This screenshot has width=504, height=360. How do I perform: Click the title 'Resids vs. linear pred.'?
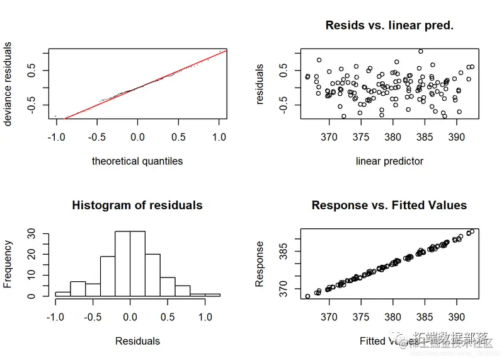pyautogui.click(x=389, y=26)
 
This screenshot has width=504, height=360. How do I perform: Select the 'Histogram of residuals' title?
pyautogui.click(x=137, y=206)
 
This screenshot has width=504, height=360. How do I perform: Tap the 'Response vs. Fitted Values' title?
pyautogui.click(x=389, y=206)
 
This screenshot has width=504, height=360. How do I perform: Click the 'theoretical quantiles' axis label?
pyautogui.click(x=137, y=161)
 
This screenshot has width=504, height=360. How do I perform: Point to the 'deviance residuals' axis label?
pyautogui.click(x=8, y=84)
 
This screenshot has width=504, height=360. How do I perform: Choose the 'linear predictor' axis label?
pyautogui.click(x=389, y=161)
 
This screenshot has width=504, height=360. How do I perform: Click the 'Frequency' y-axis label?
pyautogui.click(x=8, y=264)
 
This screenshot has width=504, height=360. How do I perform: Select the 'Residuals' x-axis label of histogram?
pyautogui.click(x=137, y=341)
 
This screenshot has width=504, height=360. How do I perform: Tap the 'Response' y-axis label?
pyautogui.click(x=260, y=264)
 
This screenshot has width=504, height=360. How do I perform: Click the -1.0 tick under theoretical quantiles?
pyautogui.click(x=56, y=137)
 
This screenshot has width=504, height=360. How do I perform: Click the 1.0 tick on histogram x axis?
pyautogui.click(x=205, y=317)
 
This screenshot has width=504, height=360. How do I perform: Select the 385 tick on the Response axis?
pyautogui.click(x=283, y=253)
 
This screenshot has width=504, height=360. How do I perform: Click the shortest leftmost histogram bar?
pyautogui.click(x=62, y=294)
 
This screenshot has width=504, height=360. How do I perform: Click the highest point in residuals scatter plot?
pyautogui.click(x=420, y=51)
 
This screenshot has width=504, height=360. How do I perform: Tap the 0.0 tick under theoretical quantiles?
pyautogui.click(x=137, y=137)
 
